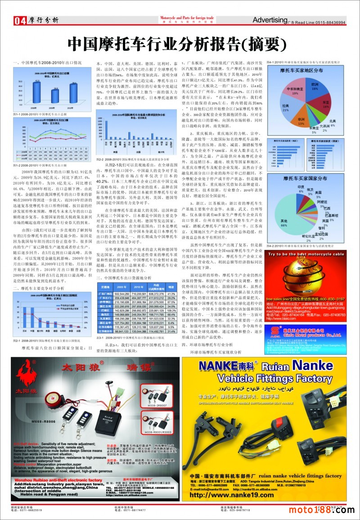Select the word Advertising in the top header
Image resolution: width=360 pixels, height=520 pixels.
point(270,20)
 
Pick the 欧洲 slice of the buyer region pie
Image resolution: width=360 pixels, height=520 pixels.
point(315,88)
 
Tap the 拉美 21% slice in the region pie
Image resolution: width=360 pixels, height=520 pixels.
point(286,106)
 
